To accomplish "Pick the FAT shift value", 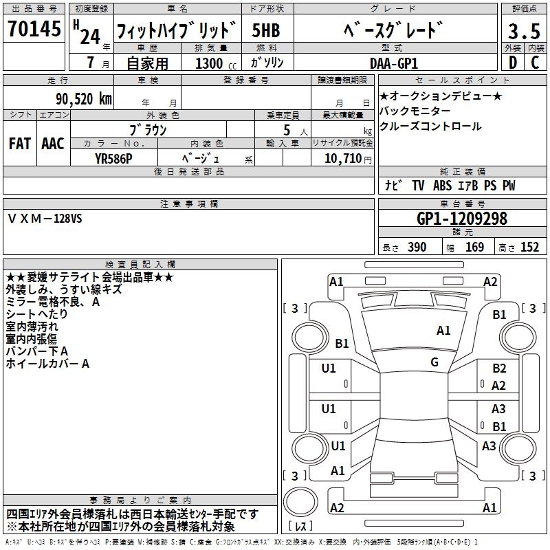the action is tap(19, 143).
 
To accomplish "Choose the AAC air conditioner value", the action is tap(53, 143).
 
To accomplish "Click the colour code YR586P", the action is tap(113, 158).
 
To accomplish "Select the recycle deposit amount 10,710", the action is tap(341, 158).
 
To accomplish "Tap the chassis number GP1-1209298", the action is tap(462, 219).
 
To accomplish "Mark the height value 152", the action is tap(529, 247).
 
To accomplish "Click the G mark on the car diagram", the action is tap(434, 362).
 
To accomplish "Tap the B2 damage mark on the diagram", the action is tap(499, 369).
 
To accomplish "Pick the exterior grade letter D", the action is tap(511, 63).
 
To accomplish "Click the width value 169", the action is tap(474, 247).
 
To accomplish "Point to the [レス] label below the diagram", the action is tap(300, 526).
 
